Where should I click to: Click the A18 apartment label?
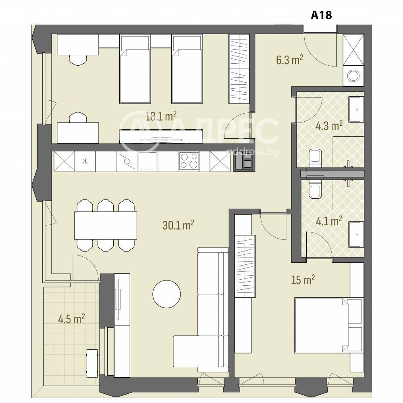[321, 15]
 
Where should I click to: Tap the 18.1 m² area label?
[161, 116]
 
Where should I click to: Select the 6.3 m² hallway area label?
[290, 60]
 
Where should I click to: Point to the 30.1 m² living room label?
[179, 225]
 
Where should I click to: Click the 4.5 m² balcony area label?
[71, 319]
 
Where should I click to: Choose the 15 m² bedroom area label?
[303, 280]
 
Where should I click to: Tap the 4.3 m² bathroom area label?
[329, 126]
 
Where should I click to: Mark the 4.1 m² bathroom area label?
[329, 221]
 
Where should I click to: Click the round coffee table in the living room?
[166, 294]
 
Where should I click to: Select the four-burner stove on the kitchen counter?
[189, 161]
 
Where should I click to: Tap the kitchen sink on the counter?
[147, 161]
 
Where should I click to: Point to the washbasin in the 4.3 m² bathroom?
[356, 110]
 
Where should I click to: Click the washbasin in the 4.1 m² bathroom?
[356, 235]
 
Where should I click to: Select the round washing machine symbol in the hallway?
[353, 76]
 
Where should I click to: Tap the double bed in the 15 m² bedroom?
[329, 325]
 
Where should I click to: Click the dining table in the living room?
[106, 225]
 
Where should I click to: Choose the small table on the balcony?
[92, 364]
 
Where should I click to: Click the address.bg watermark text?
[252, 152]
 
